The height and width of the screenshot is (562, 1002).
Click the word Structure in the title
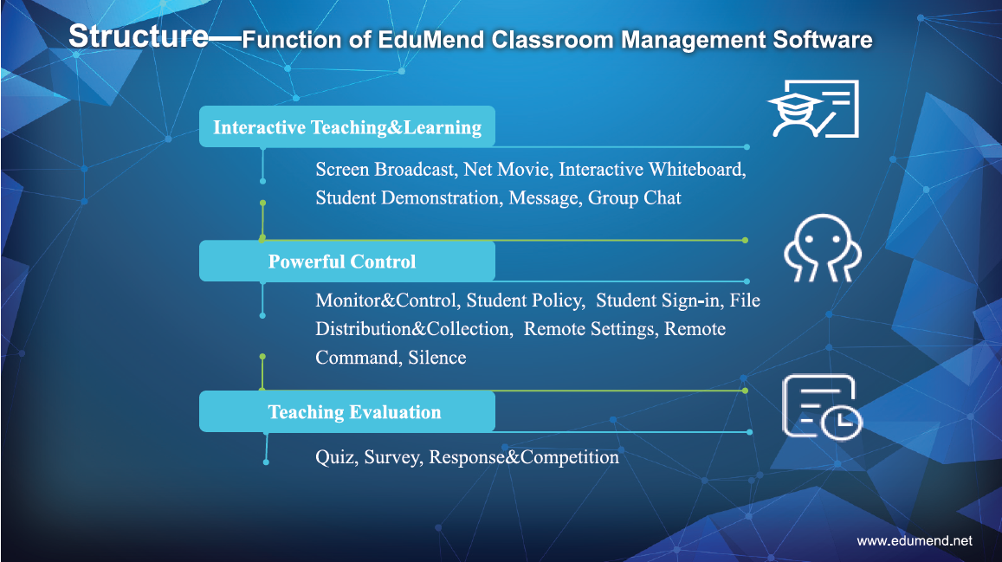139,36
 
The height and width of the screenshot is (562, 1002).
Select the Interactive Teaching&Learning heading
347,128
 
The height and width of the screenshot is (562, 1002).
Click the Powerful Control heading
342,262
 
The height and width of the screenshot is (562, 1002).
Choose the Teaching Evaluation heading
355,412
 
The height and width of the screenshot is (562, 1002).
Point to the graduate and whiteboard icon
813,108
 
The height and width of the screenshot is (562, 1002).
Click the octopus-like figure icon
823,248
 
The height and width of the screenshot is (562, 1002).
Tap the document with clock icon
822,408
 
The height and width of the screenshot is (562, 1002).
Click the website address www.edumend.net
915,541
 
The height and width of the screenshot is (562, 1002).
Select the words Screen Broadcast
386,169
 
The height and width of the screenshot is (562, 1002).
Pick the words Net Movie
507,169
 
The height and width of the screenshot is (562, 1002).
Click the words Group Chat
635,198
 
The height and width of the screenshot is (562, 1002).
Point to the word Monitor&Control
387,300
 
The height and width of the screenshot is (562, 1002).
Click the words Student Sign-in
659,300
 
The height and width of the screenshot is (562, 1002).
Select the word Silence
437,358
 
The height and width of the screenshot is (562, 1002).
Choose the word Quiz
337,457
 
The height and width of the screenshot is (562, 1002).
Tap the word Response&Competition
524,457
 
